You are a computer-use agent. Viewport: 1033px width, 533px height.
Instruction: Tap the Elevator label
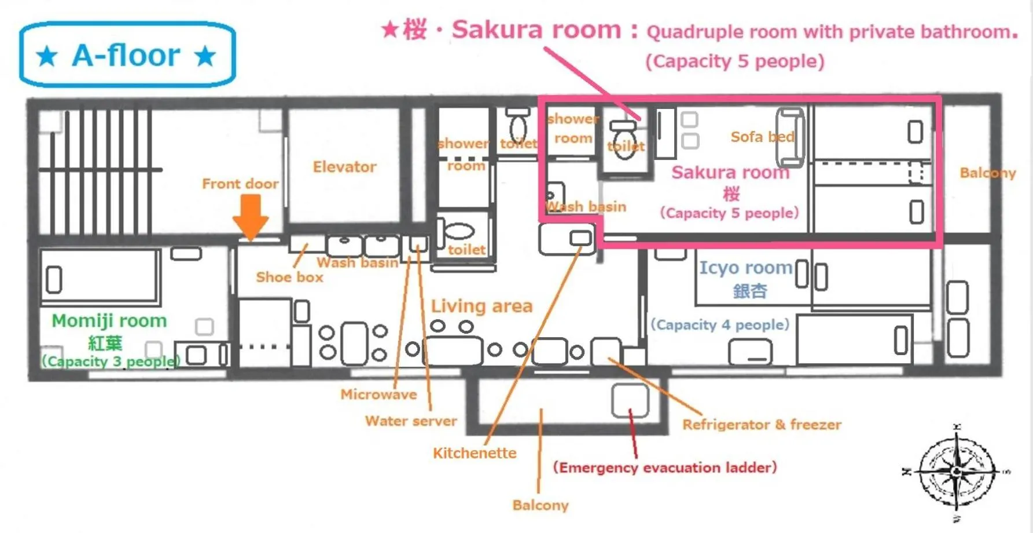pos(344,167)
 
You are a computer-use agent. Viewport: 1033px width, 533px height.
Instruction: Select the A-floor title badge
pos(127,55)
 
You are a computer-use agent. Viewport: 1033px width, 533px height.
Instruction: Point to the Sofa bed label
pos(762,137)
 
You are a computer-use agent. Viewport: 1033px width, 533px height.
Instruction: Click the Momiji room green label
pos(109,321)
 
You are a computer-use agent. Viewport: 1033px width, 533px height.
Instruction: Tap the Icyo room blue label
pos(745,268)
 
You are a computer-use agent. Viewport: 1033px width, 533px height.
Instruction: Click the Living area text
pos(481,306)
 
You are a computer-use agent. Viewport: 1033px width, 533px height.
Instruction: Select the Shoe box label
pos(289,277)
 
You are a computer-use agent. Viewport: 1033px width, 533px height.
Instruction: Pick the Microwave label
pos(378,395)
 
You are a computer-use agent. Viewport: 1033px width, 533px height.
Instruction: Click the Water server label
pos(411,421)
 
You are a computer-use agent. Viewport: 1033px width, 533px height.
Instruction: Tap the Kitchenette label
pos(475,453)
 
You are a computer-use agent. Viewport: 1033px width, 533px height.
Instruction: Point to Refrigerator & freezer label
pos(762,425)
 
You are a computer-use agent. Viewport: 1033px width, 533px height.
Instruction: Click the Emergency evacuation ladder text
pos(664,468)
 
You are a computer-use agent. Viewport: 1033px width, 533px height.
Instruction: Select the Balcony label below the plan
pos(541,505)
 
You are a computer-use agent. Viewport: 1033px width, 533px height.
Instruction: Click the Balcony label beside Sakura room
pos(987,173)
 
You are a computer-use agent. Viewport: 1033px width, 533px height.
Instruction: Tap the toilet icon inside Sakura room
pos(624,139)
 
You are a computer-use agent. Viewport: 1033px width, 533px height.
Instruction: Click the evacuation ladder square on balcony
pos(630,400)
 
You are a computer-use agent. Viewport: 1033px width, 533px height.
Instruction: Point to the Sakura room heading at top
pos(536,30)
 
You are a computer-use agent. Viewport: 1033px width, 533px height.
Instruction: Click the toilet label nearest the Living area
pos(466,250)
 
